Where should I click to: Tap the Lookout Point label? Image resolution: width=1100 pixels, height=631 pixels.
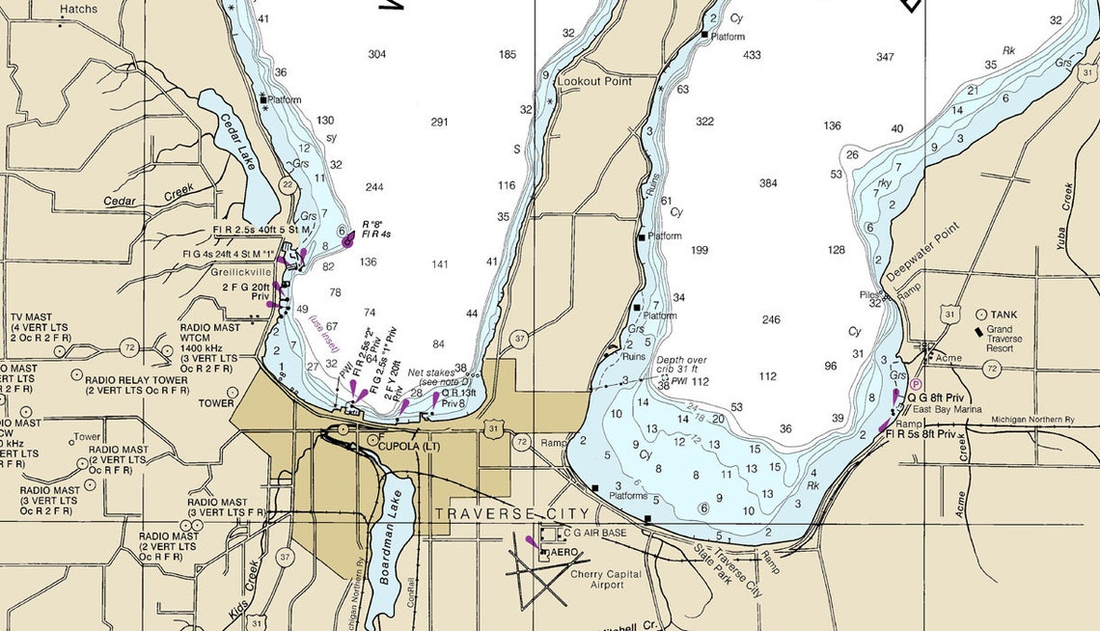pyautogui.click(x=594, y=82)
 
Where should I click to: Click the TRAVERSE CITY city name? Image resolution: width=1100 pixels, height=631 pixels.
pyautogui.click(x=511, y=513)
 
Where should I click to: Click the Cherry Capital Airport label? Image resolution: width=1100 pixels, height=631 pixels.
pyautogui.click(x=605, y=580)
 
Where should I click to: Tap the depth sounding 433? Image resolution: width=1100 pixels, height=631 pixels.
pyautogui.click(x=753, y=55)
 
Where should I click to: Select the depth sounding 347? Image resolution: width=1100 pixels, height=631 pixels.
pyautogui.click(x=885, y=58)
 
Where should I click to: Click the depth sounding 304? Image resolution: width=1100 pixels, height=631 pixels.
pyautogui.click(x=377, y=54)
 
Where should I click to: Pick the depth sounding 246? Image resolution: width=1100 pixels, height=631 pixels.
pyautogui.click(x=770, y=319)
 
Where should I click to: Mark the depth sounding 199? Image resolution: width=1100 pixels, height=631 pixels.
pyautogui.click(x=700, y=251)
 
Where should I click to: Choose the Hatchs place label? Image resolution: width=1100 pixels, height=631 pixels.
pyautogui.click(x=78, y=9)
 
